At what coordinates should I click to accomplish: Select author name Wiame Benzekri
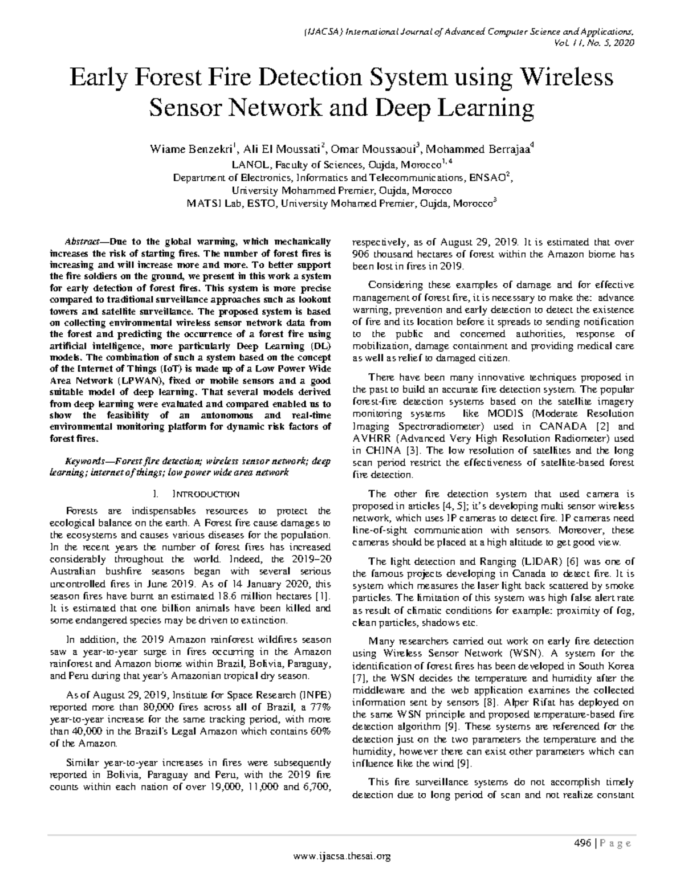tap(192, 150)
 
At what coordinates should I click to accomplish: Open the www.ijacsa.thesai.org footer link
tap(341, 855)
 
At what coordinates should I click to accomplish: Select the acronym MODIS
tap(501, 414)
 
